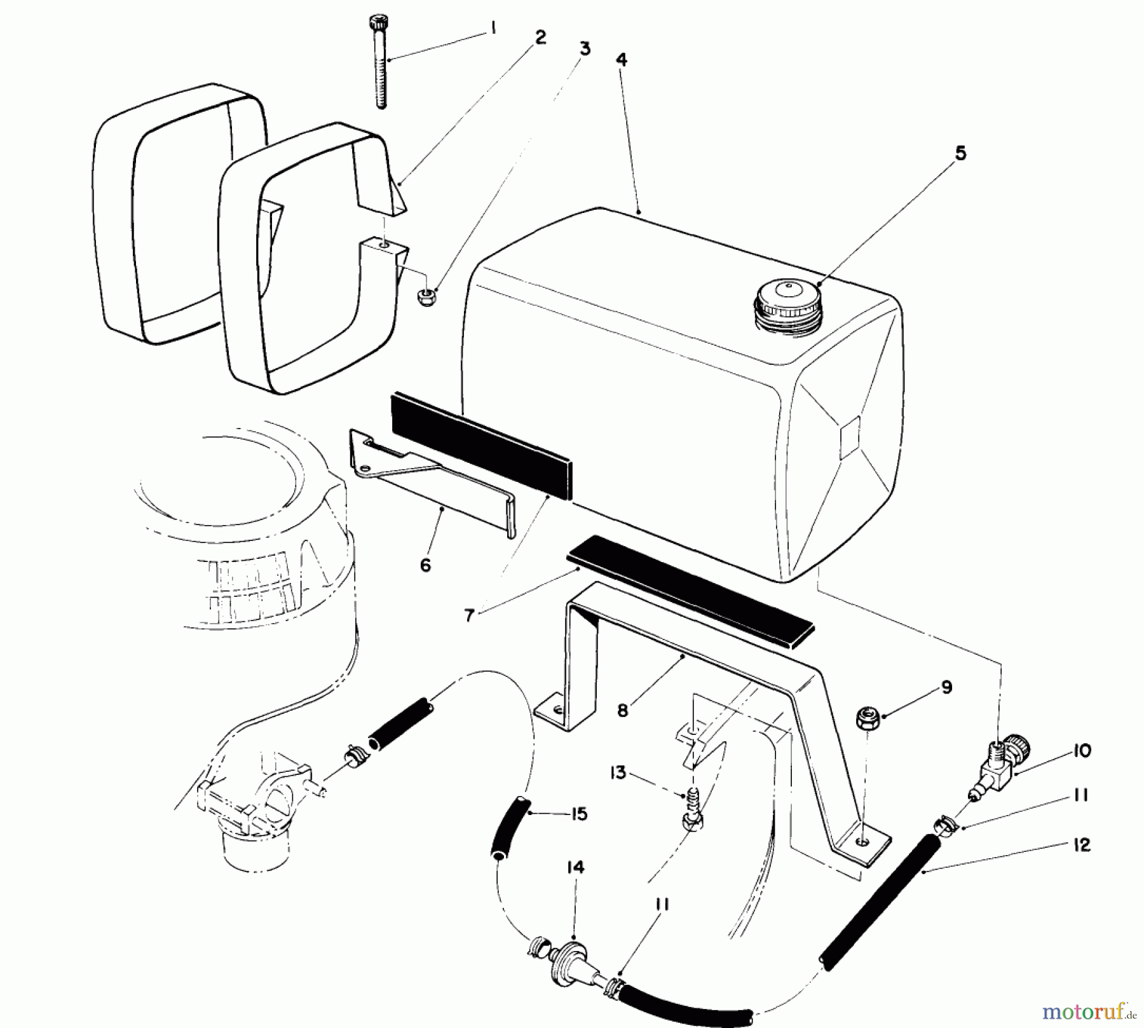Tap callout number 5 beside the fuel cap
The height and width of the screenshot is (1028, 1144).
point(960,154)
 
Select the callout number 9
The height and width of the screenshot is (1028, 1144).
point(946,687)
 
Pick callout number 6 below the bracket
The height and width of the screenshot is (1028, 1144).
point(425,565)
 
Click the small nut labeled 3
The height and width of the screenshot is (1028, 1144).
point(425,296)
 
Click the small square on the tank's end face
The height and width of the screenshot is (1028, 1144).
point(850,437)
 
